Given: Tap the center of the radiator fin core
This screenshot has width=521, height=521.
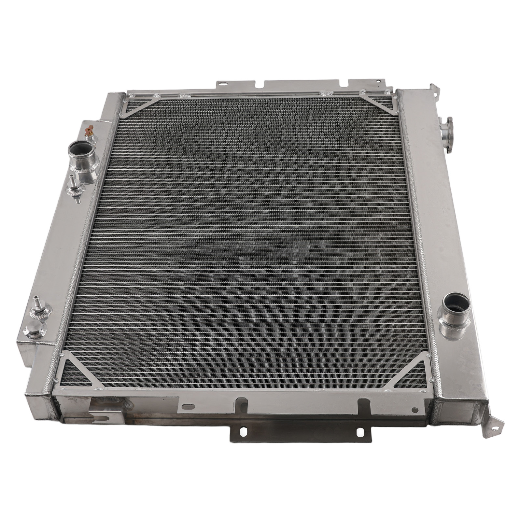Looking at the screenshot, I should point(257,241).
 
